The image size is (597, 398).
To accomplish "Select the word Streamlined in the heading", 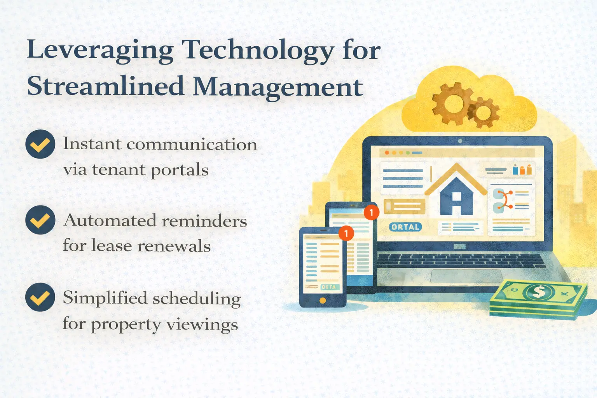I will pos(105,86).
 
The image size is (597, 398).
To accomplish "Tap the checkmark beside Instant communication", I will pos(40,144).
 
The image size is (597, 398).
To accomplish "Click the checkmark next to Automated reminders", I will pos(40,220).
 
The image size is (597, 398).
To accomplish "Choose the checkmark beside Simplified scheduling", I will pos(40,297).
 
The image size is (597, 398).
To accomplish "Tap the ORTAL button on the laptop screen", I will pos(405,227).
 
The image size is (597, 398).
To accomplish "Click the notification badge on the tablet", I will pos(371,212).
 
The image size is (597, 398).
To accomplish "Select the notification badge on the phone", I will pos(346,233).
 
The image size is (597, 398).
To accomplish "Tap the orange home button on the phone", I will pos(322,300).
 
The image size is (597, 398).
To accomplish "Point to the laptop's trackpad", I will pos(465,276).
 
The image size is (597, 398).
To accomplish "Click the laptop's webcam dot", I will pos(460,141).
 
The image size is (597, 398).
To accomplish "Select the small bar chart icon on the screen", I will pos(522,170).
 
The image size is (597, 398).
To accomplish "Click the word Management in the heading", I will pos(278,86).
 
